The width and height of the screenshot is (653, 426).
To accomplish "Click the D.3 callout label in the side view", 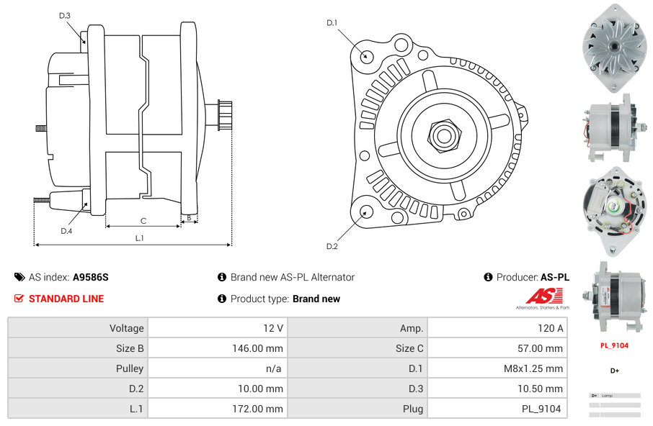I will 65,15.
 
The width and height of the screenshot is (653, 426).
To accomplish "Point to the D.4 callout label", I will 66,231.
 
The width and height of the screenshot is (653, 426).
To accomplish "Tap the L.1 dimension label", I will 139,238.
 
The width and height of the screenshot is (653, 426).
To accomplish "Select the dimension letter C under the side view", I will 143,221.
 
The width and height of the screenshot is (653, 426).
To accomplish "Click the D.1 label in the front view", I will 332,23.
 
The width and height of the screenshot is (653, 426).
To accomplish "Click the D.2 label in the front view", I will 332,247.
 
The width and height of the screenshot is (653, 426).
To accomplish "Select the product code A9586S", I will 90,277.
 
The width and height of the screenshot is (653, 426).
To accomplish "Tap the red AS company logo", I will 541,296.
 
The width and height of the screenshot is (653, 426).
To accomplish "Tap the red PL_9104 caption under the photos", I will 614,345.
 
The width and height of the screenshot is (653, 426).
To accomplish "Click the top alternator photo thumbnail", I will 614,47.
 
